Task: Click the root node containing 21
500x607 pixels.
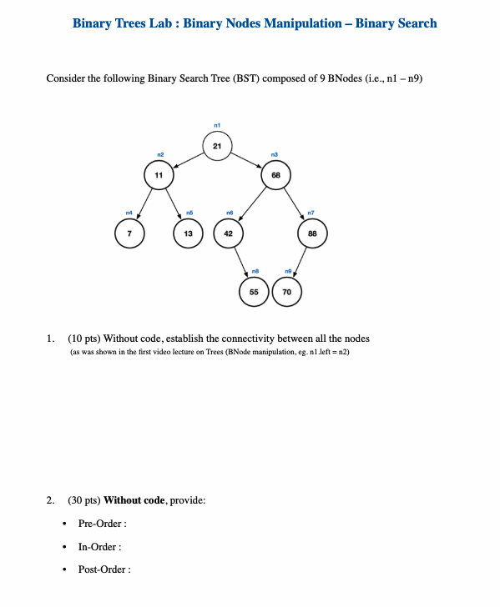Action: click(216, 147)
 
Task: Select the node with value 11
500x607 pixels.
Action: click(159, 175)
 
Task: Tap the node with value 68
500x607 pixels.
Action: click(275, 175)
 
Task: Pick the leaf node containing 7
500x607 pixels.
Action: click(129, 233)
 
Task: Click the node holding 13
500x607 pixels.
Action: click(188, 233)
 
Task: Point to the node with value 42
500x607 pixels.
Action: click(228, 233)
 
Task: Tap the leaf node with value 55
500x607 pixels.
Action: click(254, 293)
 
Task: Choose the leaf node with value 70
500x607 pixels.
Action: click(286, 293)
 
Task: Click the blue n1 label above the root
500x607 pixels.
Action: click(217, 125)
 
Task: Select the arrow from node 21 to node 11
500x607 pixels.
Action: click(188, 161)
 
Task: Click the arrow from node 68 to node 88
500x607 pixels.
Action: click(295, 204)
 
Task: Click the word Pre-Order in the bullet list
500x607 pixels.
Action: click(100, 524)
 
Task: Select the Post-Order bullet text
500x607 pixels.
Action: click(102, 569)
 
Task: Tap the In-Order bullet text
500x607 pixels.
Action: click(98, 547)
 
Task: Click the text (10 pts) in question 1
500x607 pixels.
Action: click(83, 339)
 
